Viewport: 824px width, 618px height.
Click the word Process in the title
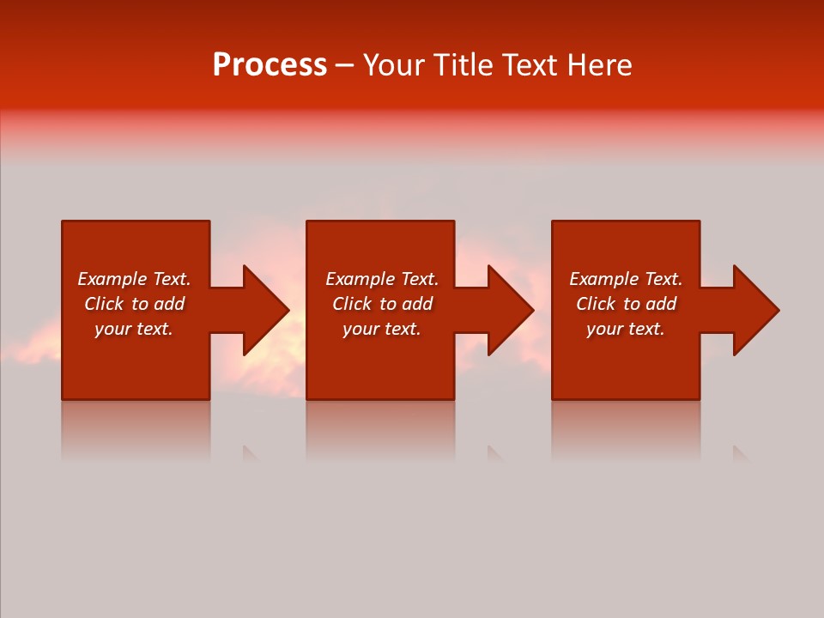point(270,65)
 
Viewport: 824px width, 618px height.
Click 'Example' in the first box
point(112,279)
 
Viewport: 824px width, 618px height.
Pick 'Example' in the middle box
point(360,279)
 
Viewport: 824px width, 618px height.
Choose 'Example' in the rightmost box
point(603,279)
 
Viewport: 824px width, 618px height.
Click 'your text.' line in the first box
point(134,329)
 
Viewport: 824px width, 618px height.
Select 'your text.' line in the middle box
point(382,329)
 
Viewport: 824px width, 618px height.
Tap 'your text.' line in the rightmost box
point(626,329)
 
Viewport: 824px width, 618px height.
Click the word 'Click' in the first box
point(104,304)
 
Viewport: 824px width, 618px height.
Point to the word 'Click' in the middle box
point(352,304)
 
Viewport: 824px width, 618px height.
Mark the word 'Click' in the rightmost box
point(596,304)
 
